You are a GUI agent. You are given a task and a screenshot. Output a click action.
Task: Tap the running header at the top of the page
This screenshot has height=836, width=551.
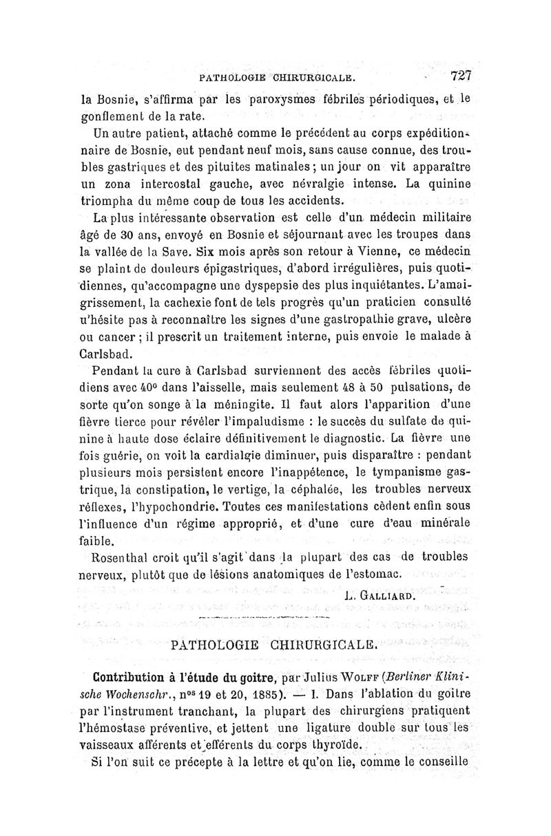click(275, 78)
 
